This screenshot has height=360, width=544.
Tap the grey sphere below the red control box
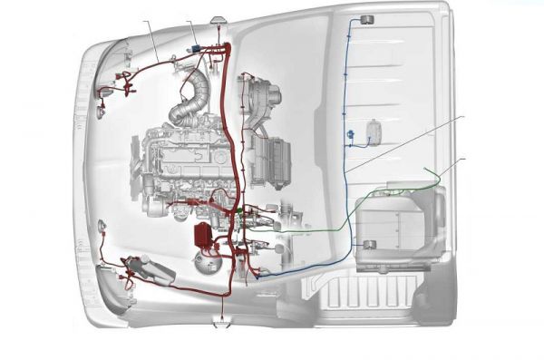[x=206, y=261]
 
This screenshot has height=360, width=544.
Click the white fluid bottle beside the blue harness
[x=374, y=132]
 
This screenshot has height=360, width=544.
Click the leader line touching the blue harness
[x=408, y=141]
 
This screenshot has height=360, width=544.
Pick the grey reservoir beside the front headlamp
[x=145, y=269]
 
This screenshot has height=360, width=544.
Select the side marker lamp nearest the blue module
[x=219, y=18]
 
